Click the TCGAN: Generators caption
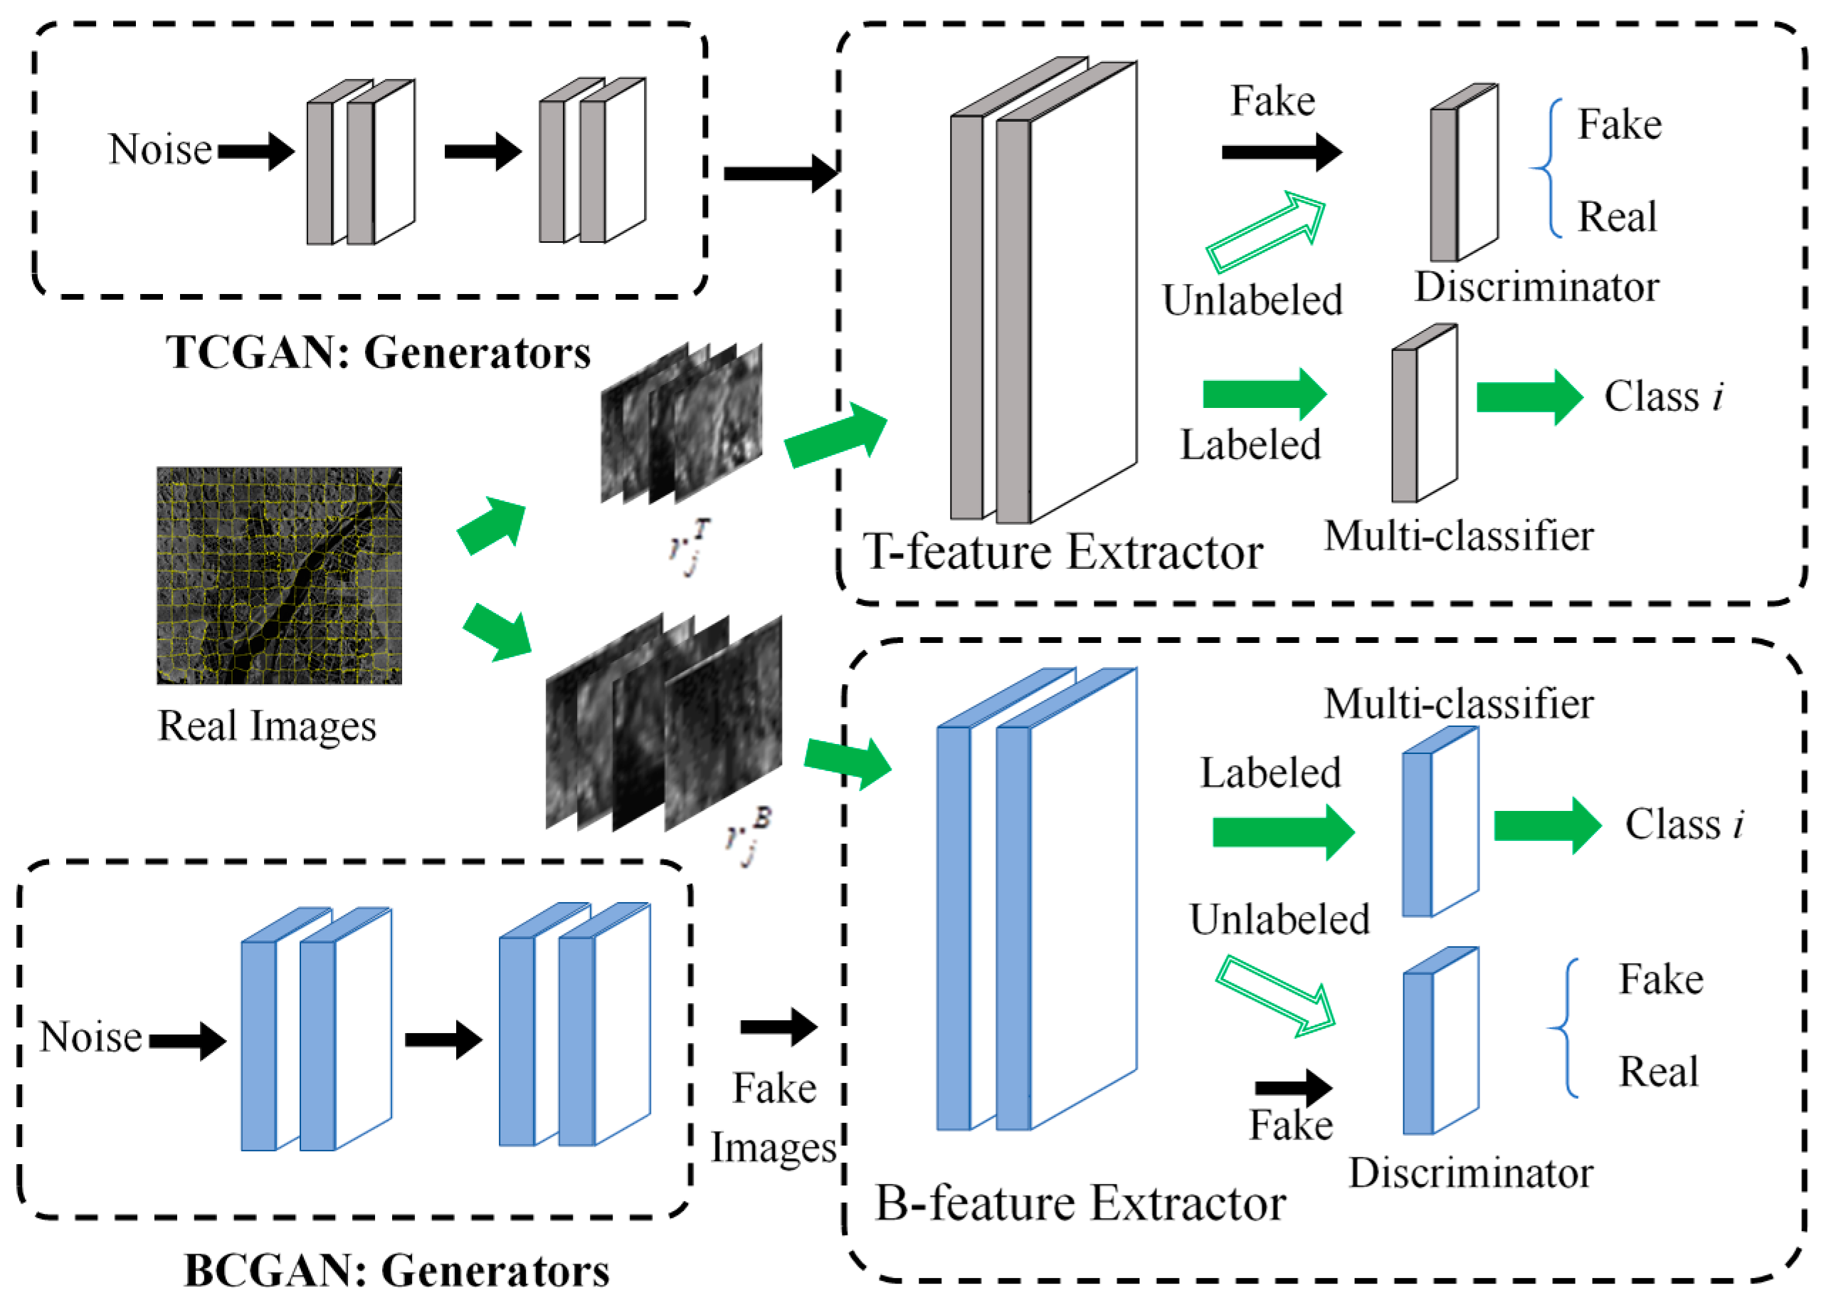tap(378, 352)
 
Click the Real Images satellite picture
tap(279, 575)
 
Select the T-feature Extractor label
tap(1062, 552)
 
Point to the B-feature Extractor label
tap(1080, 1204)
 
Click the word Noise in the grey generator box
tap(160, 150)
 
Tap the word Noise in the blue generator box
tap(90, 1037)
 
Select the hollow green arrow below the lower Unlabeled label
tap(1275, 996)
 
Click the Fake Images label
tap(774, 1118)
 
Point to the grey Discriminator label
tap(1536, 288)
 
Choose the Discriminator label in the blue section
tap(1471, 1173)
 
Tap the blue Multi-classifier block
tap(1440, 822)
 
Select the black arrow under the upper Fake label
tap(1282, 152)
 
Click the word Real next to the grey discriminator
tap(1616, 217)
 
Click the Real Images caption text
tap(267, 727)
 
